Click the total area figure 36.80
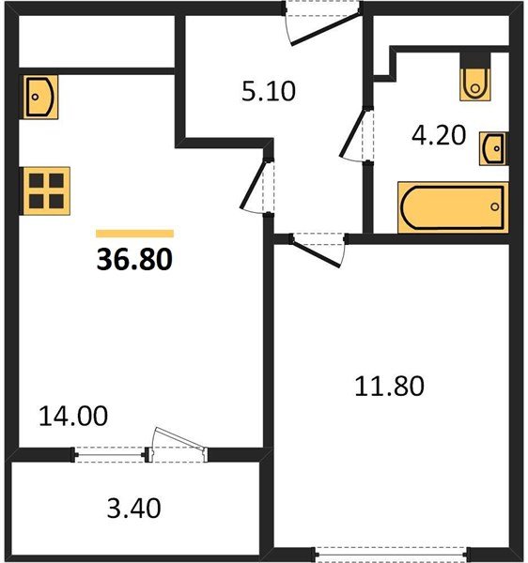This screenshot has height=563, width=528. pyautogui.click(x=134, y=259)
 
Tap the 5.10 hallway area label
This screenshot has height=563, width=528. pyautogui.click(x=269, y=91)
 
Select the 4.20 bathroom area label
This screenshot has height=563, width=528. pyautogui.click(x=439, y=135)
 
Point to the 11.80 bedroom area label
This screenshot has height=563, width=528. pyautogui.click(x=389, y=387)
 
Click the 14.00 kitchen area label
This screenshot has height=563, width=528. pyautogui.click(x=73, y=416)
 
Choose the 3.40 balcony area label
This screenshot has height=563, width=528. pyautogui.click(x=133, y=508)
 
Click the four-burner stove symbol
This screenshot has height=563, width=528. pyautogui.click(x=46, y=191)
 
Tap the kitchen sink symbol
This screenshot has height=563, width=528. pyautogui.click(x=40, y=97)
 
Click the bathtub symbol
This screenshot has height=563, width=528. pyautogui.click(x=453, y=207)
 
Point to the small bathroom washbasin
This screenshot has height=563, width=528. pyautogui.click(x=493, y=148)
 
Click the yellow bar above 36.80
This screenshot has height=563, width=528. pyautogui.click(x=134, y=234)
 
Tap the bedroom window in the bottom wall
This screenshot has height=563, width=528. pyautogui.click(x=392, y=554)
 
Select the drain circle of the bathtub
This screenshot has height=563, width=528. pyautogui.click(x=495, y=206)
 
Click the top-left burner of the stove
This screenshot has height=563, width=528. pyautogui.click(x=37, y=180)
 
